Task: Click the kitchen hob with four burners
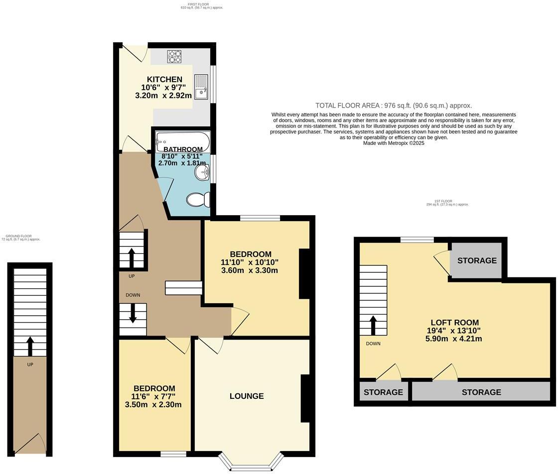pos(174,57)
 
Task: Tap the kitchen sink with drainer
pos(201,87)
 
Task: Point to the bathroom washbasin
pos(203,173)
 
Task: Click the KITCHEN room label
pos(164,79)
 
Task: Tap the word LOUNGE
pos(247,396)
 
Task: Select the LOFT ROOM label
pos(454,322)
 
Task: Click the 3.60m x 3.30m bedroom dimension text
pos(249,270)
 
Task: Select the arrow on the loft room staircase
pos(373,325)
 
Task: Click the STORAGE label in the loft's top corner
pos(477,260)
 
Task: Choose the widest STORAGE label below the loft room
pos(481,392)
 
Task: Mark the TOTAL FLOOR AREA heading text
pos(393,106)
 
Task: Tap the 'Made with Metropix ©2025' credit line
pos(394,143)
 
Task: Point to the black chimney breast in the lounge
pos(304,398)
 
